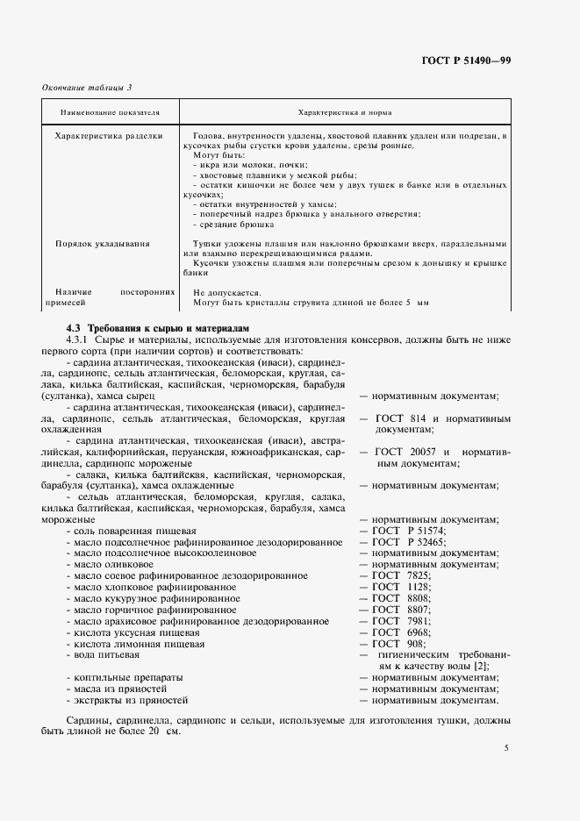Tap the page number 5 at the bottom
coord(506,747)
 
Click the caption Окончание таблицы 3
coord(87,87)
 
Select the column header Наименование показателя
coord(110,113)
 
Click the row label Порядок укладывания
coord(102,243)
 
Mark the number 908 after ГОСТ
coord(418,643)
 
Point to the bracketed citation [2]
coord(480,666)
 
